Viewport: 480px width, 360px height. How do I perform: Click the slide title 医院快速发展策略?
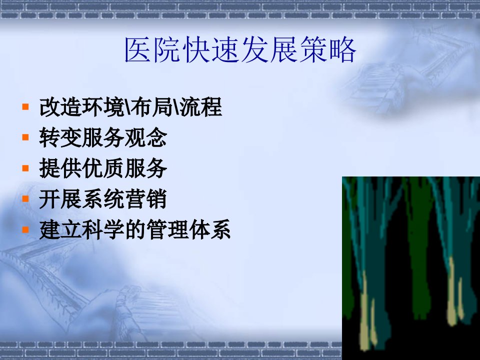[240, 50]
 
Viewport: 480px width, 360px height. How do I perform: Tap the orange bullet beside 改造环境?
[25, 107]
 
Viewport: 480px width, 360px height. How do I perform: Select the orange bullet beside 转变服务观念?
[25, 137]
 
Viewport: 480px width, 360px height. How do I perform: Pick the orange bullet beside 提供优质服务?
[25, 168]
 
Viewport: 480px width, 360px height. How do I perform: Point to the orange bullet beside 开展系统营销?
[25, 198]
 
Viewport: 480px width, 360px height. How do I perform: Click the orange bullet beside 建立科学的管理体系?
[25, 229]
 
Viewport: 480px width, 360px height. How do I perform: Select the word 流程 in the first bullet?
[200, 107]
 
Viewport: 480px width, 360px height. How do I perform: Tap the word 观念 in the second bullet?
[145, 137]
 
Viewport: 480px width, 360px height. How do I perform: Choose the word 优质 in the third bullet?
[103, 168]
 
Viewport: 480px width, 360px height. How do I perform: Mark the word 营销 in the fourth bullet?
[145, 198]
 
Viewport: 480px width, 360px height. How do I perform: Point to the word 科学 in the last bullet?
[103, 229]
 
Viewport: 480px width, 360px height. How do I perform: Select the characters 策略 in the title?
[328, 50]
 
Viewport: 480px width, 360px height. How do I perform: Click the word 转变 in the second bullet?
[60, 137]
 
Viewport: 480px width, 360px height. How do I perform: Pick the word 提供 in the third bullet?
[60, 168]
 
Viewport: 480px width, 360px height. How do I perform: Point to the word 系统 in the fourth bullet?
[103, 198]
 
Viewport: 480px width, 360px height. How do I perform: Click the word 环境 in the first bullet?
[103, 107]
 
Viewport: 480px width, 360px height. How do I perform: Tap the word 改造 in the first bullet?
[60, 107]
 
